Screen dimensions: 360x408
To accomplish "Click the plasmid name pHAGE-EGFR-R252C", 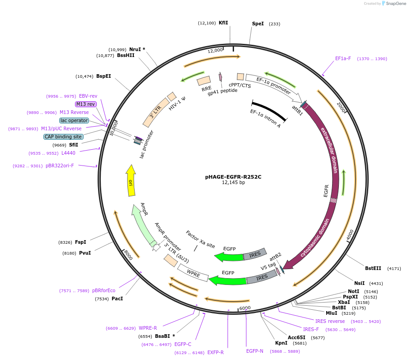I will tap(233, 176).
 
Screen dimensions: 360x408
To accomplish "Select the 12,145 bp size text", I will tap(233, 183).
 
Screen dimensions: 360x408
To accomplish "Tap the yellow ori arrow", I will tap(131, 180).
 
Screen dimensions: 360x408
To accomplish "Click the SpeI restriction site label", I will tap(258, 24).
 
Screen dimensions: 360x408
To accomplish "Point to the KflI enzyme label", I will tap(223, 23).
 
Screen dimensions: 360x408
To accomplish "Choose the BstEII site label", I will tap(373, 268).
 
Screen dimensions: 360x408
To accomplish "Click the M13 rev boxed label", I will tap(86, 104).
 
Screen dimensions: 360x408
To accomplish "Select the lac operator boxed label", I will tap(74, 120).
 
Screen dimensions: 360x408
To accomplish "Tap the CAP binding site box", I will tap(63, 137).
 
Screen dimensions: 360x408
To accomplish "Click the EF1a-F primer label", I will tap(343, 58).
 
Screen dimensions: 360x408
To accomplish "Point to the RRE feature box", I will tap(204, 81).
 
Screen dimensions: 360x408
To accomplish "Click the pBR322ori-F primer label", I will tap(60, 166).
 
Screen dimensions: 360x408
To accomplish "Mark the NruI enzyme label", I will tap(135, 49).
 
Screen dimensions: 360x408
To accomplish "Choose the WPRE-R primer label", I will tap(148, 328).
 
